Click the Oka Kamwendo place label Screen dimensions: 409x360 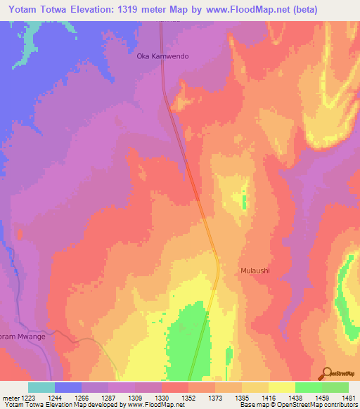click(162, 56)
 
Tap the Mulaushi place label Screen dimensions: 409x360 click(255, 271)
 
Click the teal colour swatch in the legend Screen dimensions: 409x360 click(41, 387)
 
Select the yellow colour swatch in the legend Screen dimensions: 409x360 click(281, 387)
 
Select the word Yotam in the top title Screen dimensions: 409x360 click(25, 10)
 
